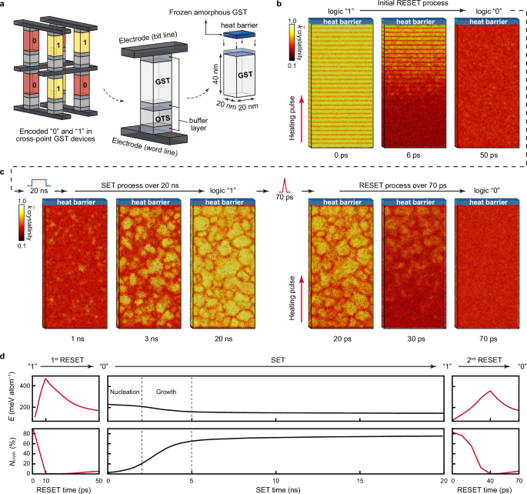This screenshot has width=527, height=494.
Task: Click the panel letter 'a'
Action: click(x=5, y=5)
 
